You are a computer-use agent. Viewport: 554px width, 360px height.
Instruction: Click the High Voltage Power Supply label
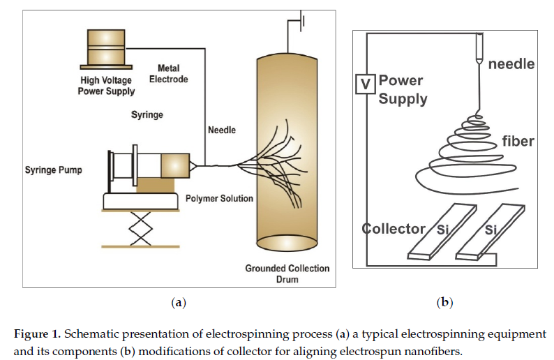click(x=106, y=86)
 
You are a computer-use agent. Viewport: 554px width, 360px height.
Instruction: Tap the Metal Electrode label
click(x=169, y=73)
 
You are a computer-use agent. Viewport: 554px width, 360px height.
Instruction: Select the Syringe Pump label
click(x=53, y=170)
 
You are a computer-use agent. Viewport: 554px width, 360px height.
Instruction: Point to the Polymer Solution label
click(x=219, y=199)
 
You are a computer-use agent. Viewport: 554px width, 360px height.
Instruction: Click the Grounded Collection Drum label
click(x=287, y=273)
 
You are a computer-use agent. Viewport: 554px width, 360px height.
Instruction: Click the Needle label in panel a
click(x=221, y=130)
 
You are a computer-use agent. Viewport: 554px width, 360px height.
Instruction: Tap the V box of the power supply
click(x=366, y=84)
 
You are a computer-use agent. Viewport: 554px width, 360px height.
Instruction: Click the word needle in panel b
click(x=511, y=64)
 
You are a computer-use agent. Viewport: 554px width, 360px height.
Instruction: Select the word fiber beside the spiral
click(x=518, y=141)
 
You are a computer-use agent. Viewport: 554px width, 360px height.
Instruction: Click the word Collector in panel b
click(x=394, y=229)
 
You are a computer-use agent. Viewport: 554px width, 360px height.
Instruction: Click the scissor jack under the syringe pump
click(x=141, y=229)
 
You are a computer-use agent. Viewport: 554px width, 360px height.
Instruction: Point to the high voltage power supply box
click(x=106, y=49)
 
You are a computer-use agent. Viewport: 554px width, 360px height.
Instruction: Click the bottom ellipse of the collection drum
click(x=287, y=243)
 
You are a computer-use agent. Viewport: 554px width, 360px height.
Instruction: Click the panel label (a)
click(x=179, y=302)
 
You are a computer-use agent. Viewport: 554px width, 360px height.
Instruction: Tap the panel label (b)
click(x=445, y=302)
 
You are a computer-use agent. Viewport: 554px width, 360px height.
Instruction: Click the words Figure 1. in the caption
click(x=38, y=334)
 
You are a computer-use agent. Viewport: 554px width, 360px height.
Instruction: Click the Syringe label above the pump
click(x=147, y=115)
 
